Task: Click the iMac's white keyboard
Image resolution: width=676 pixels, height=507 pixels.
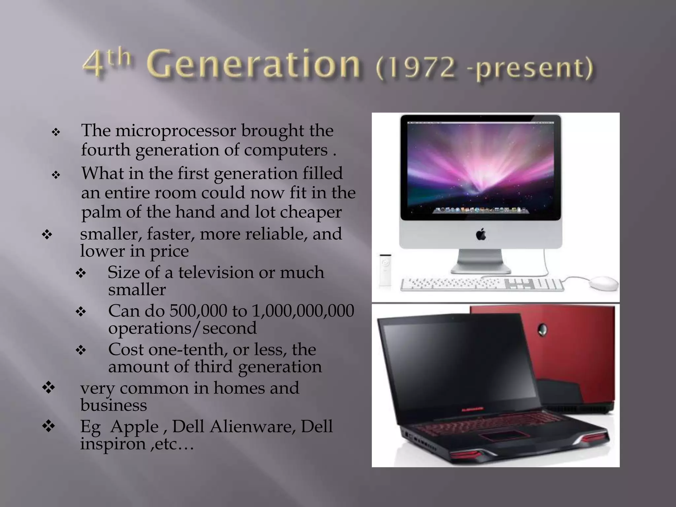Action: tap(482, 285)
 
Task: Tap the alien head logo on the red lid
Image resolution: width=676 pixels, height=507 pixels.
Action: tap(543, 329)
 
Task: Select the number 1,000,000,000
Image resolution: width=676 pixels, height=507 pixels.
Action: tap(303, 311)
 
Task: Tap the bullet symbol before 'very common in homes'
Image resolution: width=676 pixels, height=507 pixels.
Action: tap(49, 388)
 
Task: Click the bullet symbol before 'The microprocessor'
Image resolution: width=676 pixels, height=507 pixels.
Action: tap(56, 132)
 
